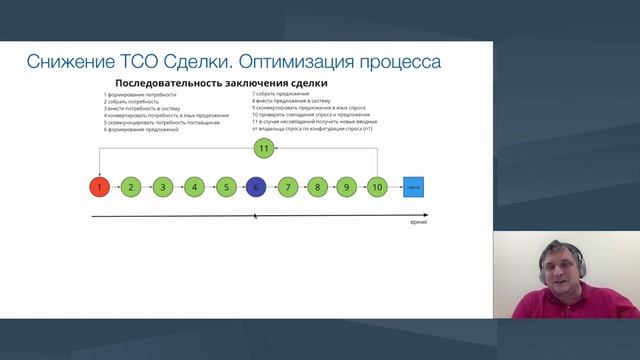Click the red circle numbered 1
point(99,186)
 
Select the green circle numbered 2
point(131,186)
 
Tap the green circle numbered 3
point(162,186)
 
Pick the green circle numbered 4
point(194,186)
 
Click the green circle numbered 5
point(226,186)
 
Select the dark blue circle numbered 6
point(257,186)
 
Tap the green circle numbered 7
point(288,186)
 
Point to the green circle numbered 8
point(318,186)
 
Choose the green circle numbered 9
point(347,186)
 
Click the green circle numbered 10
point(377,186)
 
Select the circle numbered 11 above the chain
point(263,148)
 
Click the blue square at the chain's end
point(413,186)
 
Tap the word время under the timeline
point(418,223)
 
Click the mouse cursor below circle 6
point(255,214)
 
